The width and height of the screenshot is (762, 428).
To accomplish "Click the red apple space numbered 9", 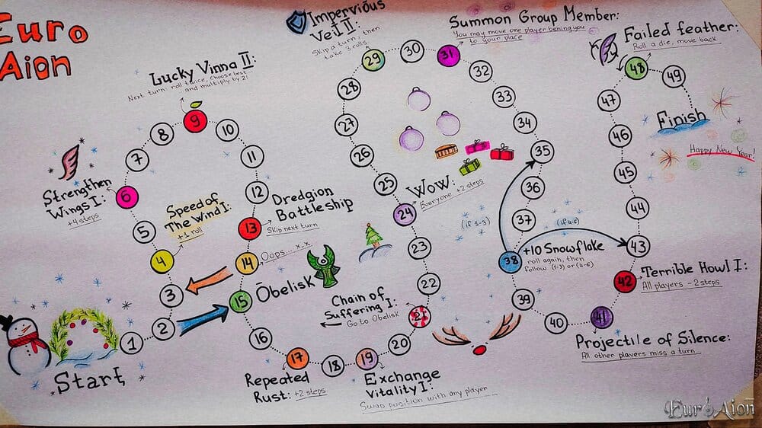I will coord(196,120).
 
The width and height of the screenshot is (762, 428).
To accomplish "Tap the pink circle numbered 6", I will coord(127,197).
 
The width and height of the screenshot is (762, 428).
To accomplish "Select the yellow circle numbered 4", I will coord(162,262).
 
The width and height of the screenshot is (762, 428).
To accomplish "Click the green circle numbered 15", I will coord(240,302).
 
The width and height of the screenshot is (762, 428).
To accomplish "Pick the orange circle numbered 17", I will coord(298,356).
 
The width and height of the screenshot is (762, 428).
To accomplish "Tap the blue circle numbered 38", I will coord(510,262).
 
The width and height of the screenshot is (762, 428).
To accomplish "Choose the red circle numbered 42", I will coord(625,282).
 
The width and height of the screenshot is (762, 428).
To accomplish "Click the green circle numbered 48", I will coord(636,69).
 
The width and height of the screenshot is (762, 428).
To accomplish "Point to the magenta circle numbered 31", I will coord(449,55).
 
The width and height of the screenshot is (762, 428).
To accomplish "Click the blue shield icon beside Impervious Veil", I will coord(296,22).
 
